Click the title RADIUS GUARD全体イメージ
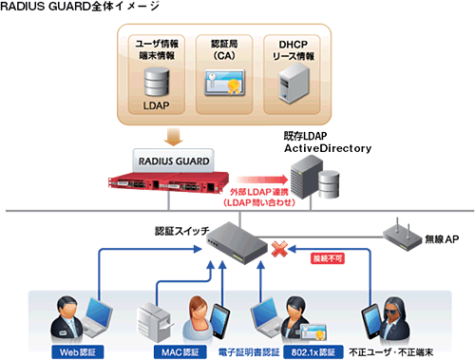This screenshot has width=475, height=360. point(80,9)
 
